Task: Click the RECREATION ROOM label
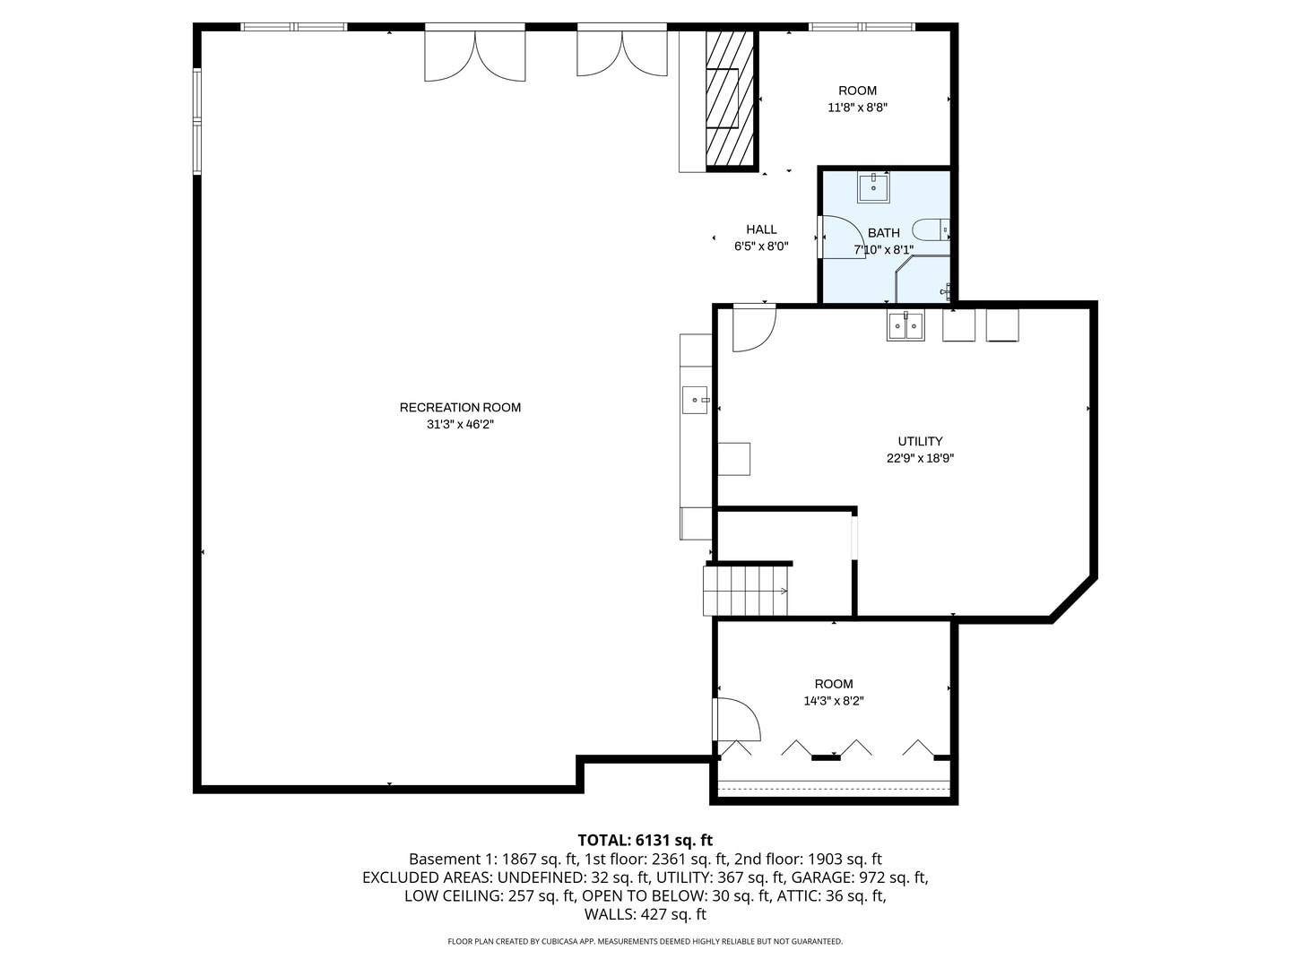[460, 407]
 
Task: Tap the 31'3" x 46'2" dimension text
[460, 424]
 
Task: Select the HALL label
[761, 229]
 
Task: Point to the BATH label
[883, 233]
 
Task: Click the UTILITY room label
[920, 441]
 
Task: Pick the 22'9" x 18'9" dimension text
[920, 458]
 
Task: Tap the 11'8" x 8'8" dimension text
[857, 108]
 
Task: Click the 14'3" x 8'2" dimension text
[834, 701]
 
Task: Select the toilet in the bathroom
[931, 229]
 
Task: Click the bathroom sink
[873, 187]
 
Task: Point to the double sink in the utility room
[905, 325]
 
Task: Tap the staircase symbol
[745, 590]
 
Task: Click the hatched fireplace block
[730, 99]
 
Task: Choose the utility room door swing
[754, 328]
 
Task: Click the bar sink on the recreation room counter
[695, 401]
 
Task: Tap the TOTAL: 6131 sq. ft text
[645, 840]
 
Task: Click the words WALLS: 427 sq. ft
[645, 914]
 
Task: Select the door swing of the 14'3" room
[736, 720]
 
